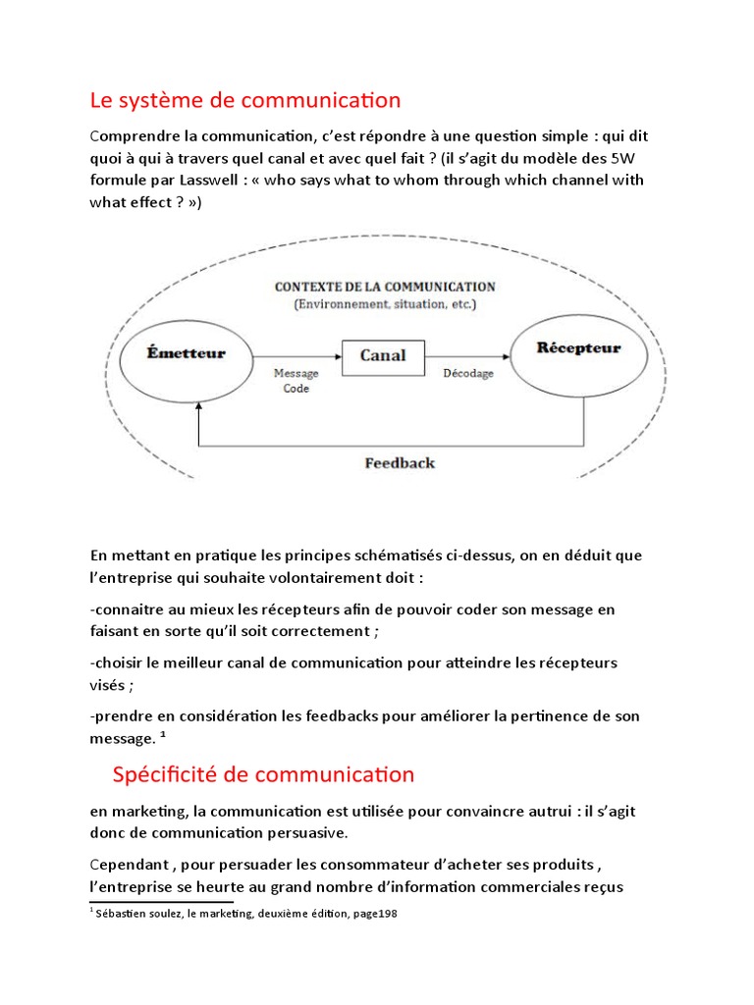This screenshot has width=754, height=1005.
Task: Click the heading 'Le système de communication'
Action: coord(244,100)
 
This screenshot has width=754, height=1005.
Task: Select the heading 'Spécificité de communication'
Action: coord(263,774)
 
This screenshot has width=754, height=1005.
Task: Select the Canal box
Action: coord(382,354)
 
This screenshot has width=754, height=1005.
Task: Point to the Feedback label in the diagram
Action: coord(399,462)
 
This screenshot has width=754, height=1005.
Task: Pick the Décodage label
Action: coord(468,374)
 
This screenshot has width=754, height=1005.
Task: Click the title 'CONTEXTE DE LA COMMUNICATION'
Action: coord(385,287)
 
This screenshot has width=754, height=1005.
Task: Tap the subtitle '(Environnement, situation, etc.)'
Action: coord(385,304)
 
